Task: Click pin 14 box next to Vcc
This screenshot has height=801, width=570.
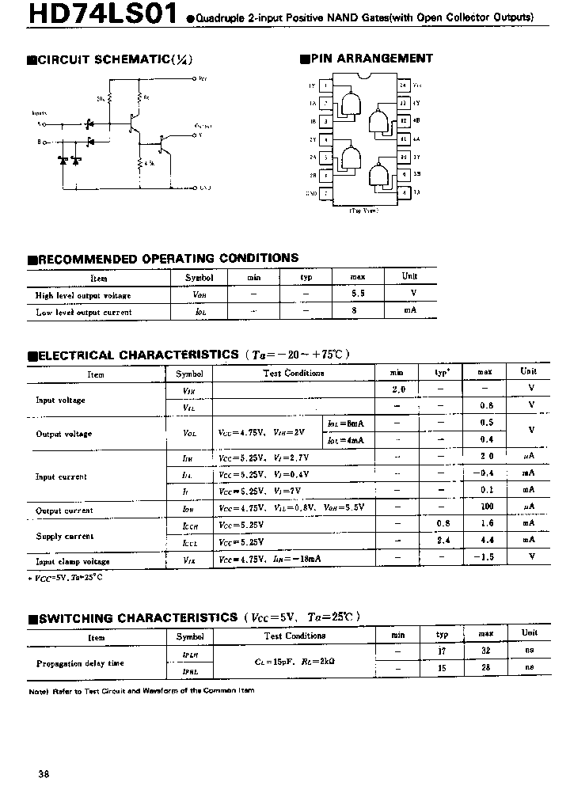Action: [x=403, y=85]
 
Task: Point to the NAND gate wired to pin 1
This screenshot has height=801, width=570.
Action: [x=351, y=102]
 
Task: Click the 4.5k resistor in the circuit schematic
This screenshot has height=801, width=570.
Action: [x=139, y=163]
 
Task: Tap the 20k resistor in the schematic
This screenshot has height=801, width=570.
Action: [x=110, y=98]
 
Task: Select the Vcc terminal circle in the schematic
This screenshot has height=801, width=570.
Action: [x=195, y=79]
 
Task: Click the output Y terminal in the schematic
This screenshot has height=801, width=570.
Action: [x=195, y=135]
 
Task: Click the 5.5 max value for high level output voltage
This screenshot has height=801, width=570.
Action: [x=357, y=294]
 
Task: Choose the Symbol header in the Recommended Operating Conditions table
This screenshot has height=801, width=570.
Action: [x=199, y=277]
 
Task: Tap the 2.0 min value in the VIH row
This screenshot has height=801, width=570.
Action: [x=398, y=389]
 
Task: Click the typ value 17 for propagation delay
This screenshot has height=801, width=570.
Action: [x=442, y=650]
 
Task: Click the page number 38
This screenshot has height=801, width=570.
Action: [x=44, y=774]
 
